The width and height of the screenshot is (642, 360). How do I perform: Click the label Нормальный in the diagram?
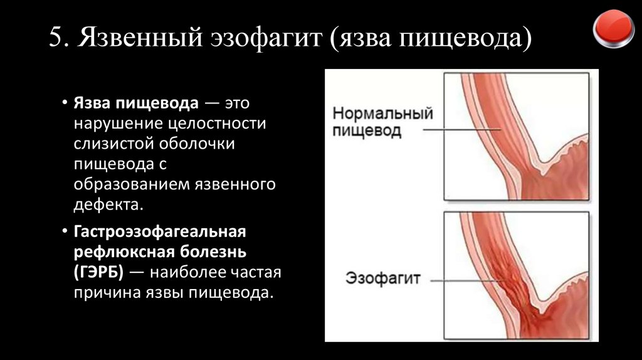(382, 115)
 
